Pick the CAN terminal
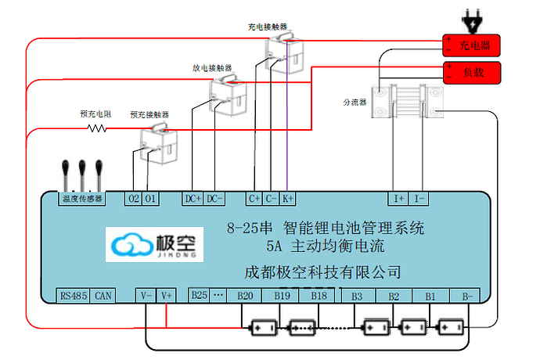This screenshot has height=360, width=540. [103, 296]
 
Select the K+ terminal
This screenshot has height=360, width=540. [288, 199]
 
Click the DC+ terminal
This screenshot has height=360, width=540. [193, 199]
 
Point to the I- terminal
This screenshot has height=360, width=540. [419, 199]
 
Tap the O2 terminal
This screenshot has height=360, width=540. [134, 199]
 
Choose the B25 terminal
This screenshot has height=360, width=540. [200, 295]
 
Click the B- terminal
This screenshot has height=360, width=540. [466, 296]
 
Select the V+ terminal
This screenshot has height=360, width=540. [167, 296]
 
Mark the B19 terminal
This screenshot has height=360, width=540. [282, 296]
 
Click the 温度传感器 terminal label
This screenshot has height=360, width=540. [82, 199]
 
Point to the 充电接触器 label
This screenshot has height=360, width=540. [265, 26]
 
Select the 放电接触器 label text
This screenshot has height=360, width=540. [209, 67]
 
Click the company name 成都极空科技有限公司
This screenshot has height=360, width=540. [323, 272]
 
